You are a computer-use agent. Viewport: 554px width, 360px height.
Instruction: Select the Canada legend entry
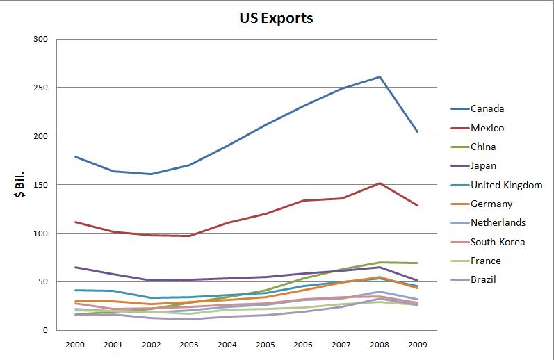[x=487, y=108]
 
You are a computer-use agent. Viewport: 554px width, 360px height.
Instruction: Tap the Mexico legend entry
[x=487, y=128]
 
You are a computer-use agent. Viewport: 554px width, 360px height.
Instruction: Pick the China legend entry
[x=483, y=147]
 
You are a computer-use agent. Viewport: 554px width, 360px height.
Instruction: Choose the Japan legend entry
[x=484, y=166]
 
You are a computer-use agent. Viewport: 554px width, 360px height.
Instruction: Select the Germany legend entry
[x=491, y=204]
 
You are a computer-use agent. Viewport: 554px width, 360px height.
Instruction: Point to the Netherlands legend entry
[x=498, y=223]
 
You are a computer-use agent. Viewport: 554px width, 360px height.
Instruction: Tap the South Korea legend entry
[x=497, y=242]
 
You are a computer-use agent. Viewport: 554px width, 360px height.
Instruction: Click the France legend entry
[x=485, y=261]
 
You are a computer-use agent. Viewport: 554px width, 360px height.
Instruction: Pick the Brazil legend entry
[x=483, y=280]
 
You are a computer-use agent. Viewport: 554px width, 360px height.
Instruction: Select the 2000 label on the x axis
[x=75, y=344]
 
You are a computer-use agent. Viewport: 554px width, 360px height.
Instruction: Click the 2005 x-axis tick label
[x=265, y=344]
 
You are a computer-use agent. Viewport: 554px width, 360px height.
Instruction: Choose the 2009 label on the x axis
[x=417, y=344]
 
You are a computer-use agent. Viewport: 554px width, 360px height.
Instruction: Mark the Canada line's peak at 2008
[x=380, y=76]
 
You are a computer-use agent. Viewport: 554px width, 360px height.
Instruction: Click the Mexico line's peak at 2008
[x=380, y=183]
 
